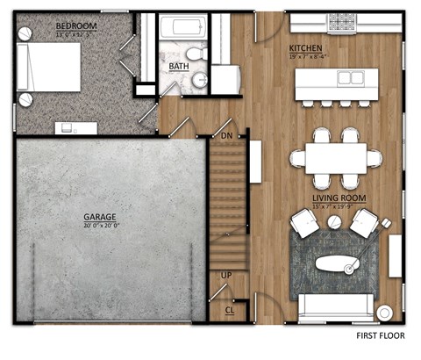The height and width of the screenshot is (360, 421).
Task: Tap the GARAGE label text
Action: [x=101, y=215]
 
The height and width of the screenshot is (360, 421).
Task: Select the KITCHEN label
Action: [x=305, y=47]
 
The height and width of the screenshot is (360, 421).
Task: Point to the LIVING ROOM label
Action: [x=338, y=198]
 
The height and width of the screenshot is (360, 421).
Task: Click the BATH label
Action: [x=178, y=66]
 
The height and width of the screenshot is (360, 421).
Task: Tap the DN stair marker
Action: [x=226, y=136]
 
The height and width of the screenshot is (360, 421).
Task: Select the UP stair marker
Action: [x=226, y=276]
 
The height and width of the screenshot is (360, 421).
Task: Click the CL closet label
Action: [x=229, y=310]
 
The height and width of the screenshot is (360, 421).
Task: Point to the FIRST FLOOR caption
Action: [x=383, y=336]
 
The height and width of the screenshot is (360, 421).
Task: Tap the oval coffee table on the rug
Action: [x=338, y=261]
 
